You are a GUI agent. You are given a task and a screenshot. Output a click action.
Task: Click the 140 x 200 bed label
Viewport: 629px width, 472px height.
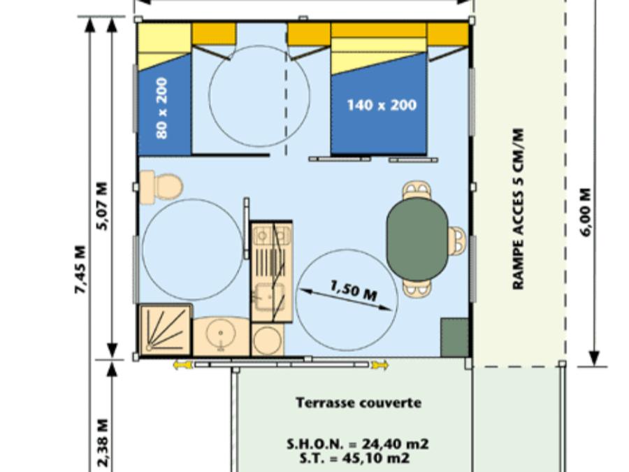coord(382,105)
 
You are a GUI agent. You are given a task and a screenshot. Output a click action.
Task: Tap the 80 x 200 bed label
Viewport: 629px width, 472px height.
coord(161,108)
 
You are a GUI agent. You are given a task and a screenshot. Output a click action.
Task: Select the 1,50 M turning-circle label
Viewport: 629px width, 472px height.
coord(354,291)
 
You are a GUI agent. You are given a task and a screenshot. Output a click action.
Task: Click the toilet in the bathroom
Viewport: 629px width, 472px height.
coord(161,187)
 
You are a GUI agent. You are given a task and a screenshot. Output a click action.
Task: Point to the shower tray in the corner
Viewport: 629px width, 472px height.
coord(165,330)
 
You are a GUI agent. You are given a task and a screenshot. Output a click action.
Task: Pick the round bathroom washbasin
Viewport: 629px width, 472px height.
coord(221,333)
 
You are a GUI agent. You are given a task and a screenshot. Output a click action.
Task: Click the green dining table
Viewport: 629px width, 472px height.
coord(417,239)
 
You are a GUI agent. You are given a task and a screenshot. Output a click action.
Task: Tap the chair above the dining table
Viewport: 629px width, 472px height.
coord(417,190)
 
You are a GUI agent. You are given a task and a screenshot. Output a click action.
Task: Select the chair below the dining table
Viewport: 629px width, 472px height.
coord(417,289)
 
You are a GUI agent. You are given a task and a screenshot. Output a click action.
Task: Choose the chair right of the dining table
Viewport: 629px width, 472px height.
coord(456,241)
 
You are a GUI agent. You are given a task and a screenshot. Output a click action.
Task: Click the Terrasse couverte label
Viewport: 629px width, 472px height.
coord(359,403)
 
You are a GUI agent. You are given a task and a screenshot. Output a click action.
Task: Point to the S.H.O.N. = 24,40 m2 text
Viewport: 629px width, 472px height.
coord(357,444)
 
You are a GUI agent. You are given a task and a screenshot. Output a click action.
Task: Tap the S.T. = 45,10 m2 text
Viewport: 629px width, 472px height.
coord(354,458)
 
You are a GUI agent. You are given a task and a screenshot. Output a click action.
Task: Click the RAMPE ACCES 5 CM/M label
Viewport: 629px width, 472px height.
coord(519,208)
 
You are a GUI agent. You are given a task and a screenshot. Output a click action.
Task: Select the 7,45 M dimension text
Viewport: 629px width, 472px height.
coord(81,269)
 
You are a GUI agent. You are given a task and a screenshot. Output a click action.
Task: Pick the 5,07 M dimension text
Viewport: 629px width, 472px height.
coord(103,206)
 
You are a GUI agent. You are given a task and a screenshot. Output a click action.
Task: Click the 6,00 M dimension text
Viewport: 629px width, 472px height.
coord(586,213)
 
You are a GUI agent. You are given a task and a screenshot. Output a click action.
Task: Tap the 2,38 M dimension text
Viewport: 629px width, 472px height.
coord(103,443)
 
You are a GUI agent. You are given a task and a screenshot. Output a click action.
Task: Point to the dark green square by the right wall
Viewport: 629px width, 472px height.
coord(454,337)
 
